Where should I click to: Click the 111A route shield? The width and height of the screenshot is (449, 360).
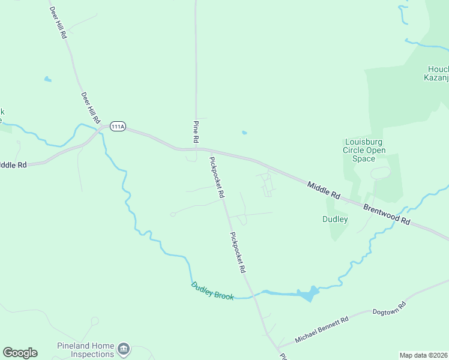coord(117,126)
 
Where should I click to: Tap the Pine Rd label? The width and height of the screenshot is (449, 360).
coord(196,131)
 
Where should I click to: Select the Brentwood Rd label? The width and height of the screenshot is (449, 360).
coord(386,213)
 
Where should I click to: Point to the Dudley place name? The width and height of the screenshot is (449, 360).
coord(335,220)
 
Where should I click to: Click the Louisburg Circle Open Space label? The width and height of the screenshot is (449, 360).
coord(364,150)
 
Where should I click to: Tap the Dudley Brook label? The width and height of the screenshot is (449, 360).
coord(212,290)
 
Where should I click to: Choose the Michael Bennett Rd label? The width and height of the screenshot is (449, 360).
coord(322,331)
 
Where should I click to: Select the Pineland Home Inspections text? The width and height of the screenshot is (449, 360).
coord(85,350)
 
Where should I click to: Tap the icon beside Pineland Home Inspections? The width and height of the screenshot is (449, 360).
coord(124,349)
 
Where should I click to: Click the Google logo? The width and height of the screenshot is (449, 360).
coord(20,353)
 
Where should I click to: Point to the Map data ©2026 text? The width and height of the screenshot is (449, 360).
coord(423,355)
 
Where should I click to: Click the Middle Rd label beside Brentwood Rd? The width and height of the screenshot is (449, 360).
coord(324,191)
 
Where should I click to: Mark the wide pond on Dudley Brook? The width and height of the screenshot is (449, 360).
coord(307,294)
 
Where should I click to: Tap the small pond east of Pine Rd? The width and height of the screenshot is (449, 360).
coord(244,133)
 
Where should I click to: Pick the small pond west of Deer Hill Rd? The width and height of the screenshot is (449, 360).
coord(47,79)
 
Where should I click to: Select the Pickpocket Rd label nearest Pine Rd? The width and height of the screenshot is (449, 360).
coord(216,178)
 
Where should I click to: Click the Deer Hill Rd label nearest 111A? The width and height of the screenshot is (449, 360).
coord(90,108)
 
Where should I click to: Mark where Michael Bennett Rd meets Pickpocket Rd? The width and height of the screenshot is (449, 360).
coord(277,347)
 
